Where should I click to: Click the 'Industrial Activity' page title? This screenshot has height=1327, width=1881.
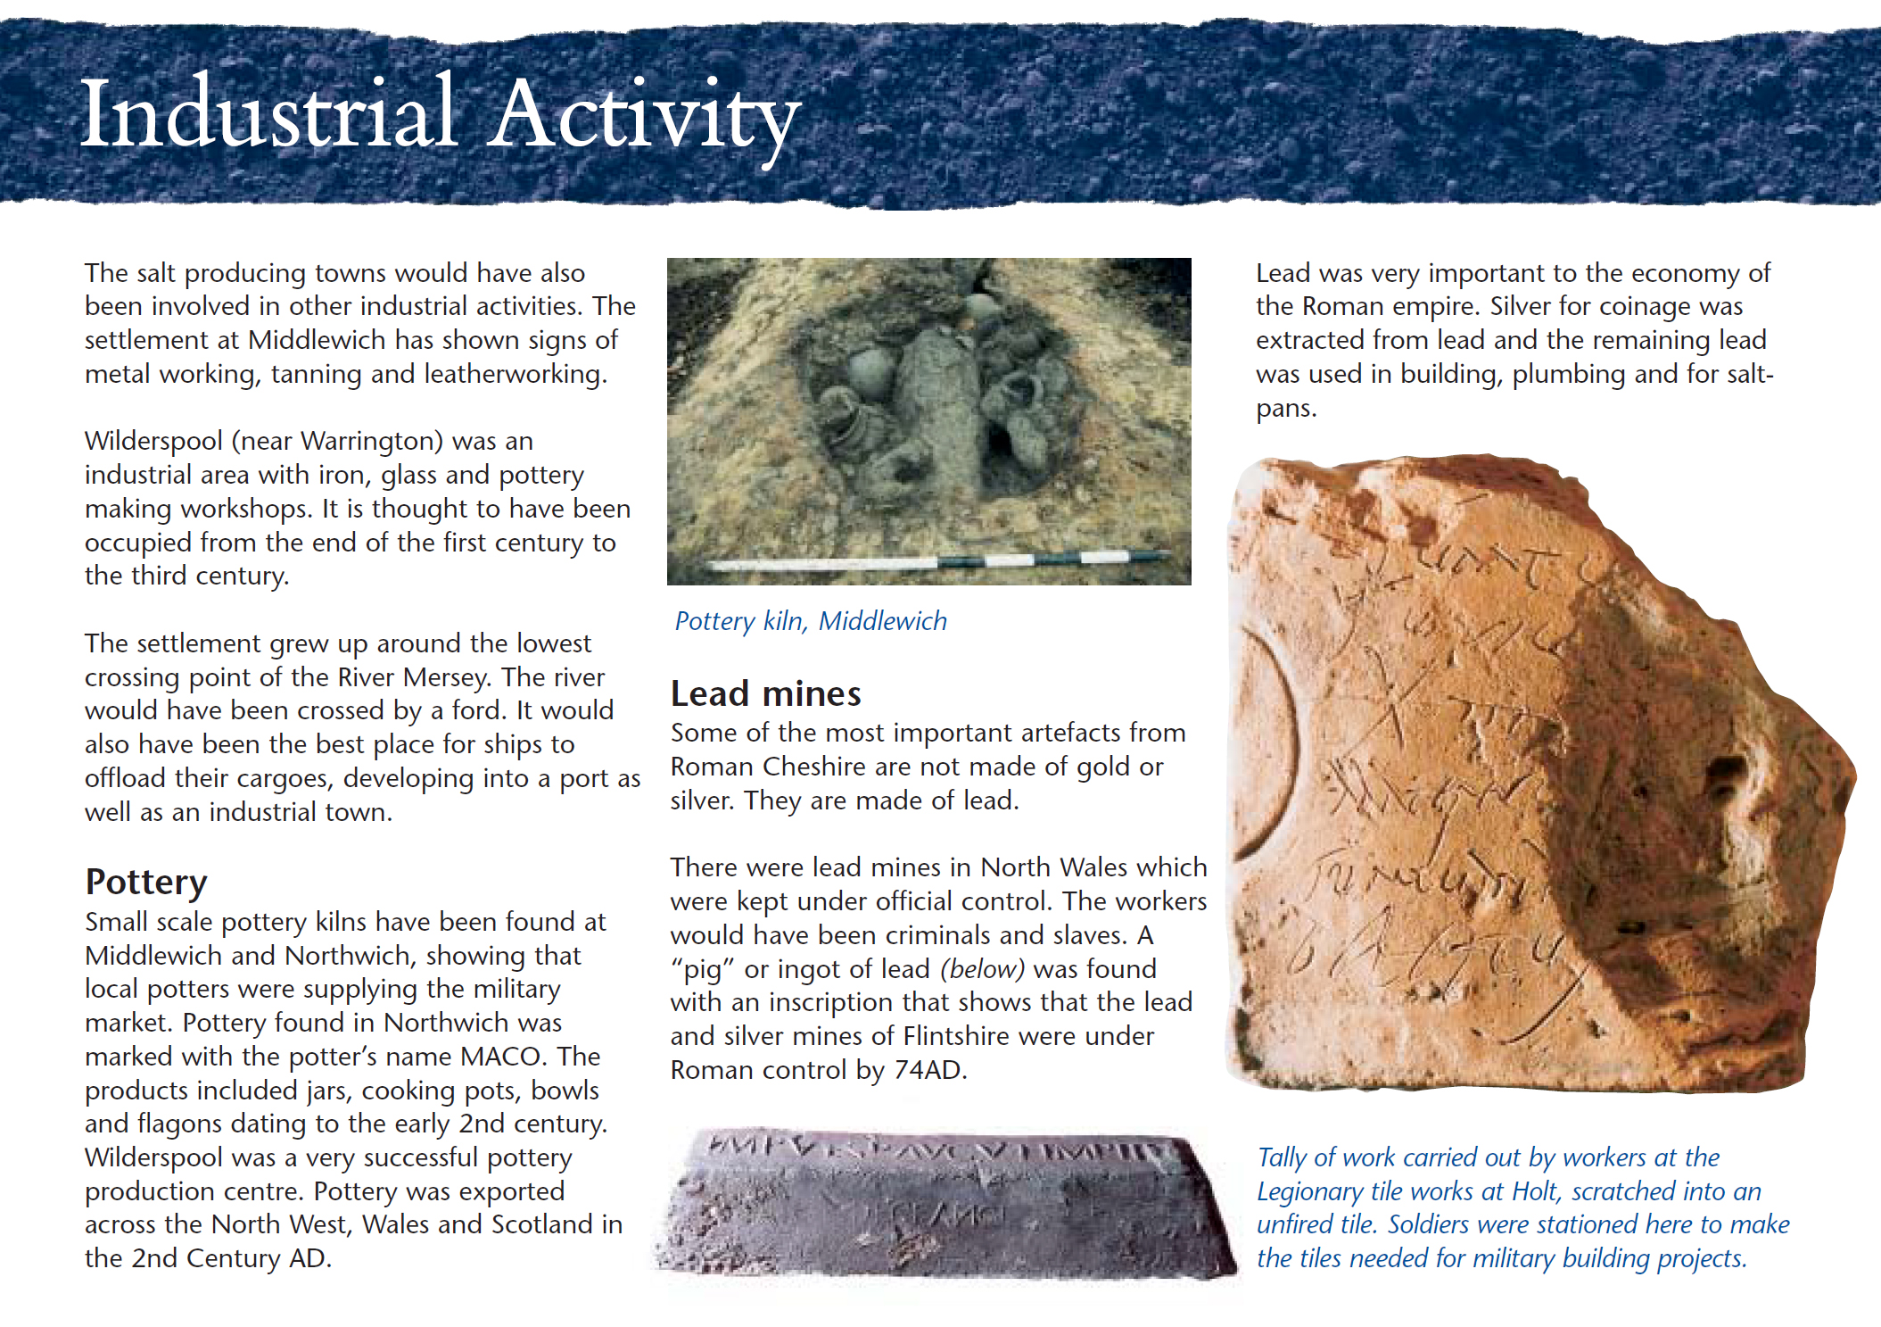coord(440,114)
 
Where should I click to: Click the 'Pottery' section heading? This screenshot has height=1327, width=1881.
coord(146,882)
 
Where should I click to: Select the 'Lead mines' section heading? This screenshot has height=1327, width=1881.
coord(765,693)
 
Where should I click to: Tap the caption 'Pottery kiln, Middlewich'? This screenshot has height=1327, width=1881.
coord(810,621)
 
